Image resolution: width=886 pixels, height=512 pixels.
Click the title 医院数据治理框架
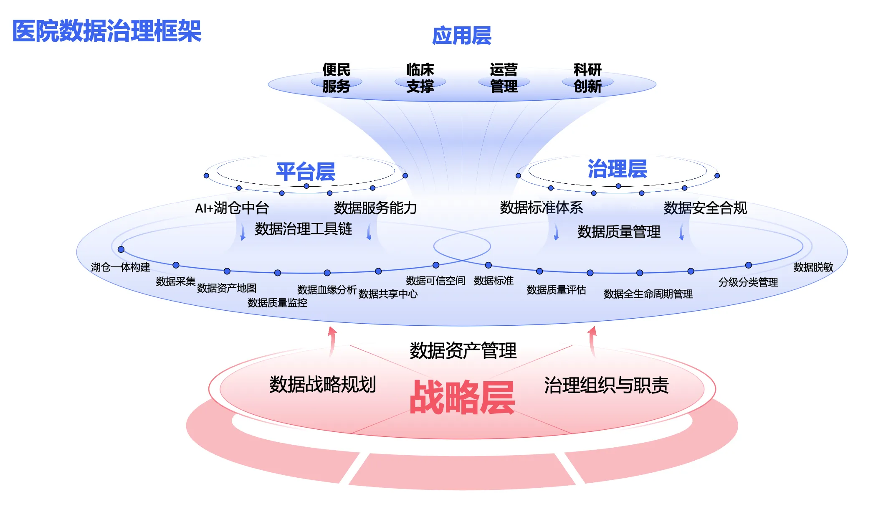[x=107, y=31]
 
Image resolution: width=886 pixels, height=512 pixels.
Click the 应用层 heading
[x=461, y=35]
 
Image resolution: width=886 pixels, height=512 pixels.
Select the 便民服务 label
[x=336, y=78]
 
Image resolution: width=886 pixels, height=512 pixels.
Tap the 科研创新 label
[x=587, y=78]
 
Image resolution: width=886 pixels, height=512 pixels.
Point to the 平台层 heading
[x=306, y=172]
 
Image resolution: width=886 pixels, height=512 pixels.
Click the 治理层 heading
[x=617, y=169]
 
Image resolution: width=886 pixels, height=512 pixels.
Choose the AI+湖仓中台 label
[x=232, y=208]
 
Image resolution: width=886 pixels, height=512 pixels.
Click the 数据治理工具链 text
[x=304, y=229]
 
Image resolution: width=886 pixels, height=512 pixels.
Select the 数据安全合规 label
[x=705, y=208]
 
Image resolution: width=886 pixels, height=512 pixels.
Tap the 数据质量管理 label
[x=619, y=231]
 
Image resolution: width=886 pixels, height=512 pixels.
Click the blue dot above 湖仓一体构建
[x=121, y=249]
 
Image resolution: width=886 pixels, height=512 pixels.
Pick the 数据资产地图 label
[x=227, y=288]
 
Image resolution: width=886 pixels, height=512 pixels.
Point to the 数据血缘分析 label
[x=327, y=289]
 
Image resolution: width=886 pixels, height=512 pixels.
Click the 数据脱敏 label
[x=813, y=267]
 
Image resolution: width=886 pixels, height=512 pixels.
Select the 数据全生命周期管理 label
[x=648, y=294]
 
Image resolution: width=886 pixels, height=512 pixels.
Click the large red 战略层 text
[x=462, y=398]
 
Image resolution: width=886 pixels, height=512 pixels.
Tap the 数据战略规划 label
[x=322, y=384]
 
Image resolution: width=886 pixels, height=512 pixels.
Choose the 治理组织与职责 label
[x=606, y=385]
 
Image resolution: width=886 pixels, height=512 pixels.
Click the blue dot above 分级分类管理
[x=748, y=265]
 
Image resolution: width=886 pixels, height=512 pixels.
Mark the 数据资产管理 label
[x=463, y=350]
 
